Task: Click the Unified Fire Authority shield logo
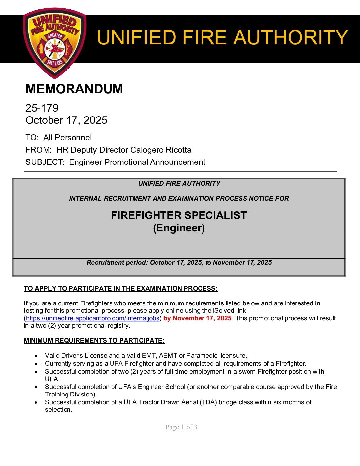point(54,42)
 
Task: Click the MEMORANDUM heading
point(74,89)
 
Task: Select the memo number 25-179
point(42,108)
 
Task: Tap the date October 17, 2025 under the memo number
point(66,120)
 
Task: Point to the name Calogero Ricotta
point(161,150)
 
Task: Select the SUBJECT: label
point(45,162)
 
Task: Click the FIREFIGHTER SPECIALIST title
point(179,215)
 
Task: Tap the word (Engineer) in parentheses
point(179,228)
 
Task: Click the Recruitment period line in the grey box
point(179,263)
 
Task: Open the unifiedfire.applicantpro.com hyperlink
point(93,318)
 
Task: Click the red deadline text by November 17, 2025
point(197,318)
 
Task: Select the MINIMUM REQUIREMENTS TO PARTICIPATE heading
point(94,341)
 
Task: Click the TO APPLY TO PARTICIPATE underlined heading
point(120,289)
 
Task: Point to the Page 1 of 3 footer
point(181,427)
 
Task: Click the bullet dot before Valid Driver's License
point(36,356)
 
